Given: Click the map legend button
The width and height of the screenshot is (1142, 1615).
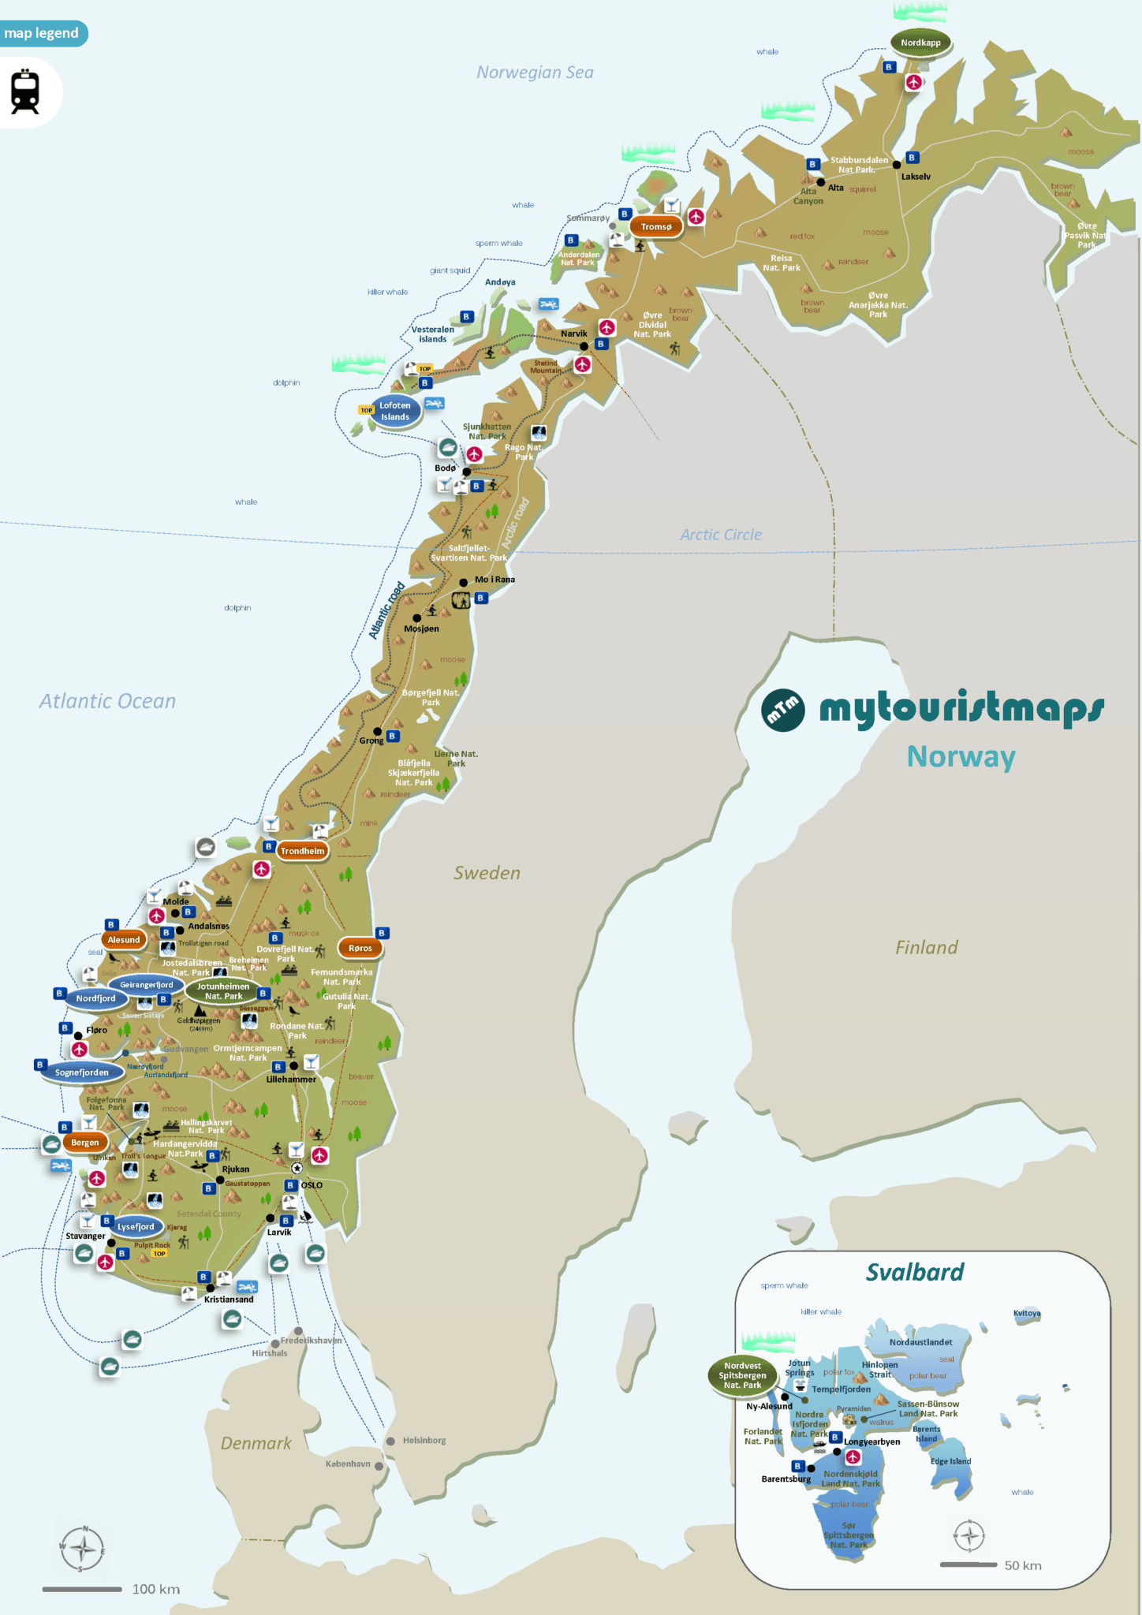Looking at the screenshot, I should click(x=42, y=33).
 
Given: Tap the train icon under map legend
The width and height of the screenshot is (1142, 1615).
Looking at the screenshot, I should click(x=25, y=92).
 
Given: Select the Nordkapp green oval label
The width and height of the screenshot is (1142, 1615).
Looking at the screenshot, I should click(x=920, y=43).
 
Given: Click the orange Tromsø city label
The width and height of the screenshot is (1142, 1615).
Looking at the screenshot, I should click(x=656, y=227).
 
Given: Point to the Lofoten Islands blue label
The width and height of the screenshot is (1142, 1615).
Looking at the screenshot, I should click(x=395, y=411).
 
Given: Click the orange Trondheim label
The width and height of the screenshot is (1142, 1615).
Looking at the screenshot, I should click(x=302, y=851).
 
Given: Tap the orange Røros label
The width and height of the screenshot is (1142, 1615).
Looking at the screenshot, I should click(x=360, y=948).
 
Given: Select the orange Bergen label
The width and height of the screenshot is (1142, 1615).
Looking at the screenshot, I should click(x=85, y=1142).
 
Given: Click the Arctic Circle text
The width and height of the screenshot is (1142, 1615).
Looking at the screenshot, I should click(x=721, y=535).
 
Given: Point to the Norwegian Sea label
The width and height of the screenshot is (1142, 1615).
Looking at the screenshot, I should click(x=535, y=73).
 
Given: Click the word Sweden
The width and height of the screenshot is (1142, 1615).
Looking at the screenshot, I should click(x=487, y=873).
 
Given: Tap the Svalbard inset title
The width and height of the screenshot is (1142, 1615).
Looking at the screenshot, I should click(x=915, y=1272).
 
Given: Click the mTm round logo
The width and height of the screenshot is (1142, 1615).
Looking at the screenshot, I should click(x=783, y=710).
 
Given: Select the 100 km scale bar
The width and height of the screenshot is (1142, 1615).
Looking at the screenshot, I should click(x=82, y=1589).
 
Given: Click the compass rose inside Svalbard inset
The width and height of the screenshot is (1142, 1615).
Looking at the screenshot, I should click(x=969, y=1535).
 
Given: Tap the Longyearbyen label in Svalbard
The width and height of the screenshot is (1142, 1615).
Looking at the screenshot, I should click(x=872, y=1442).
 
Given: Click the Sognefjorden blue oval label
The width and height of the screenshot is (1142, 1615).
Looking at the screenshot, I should click(x=82, y=1072).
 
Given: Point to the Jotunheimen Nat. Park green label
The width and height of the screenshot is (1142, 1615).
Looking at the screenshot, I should click(x=223, y=991).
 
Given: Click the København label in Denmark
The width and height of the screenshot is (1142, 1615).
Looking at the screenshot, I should click(x=348, y=1464).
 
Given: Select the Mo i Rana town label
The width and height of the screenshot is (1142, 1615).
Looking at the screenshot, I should click(x=494, y=580).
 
